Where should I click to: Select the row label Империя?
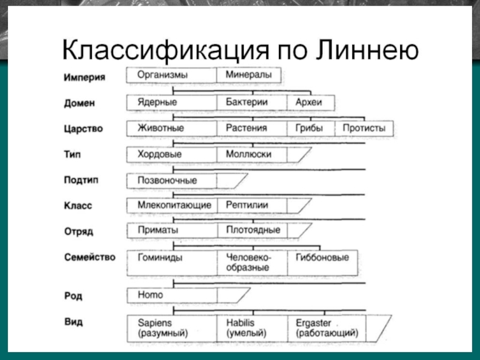click(x=85, y=77)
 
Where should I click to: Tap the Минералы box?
click(x=248, y=76)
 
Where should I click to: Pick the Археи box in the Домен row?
click(x=310, y=103)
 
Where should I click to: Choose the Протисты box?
click(x=364, y=128)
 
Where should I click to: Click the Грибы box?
click(x=310, y=128)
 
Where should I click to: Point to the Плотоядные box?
click(x=251, y=230)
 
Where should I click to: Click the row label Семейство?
click(x=89, y=257)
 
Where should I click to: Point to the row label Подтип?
click(x=81, y=180)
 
